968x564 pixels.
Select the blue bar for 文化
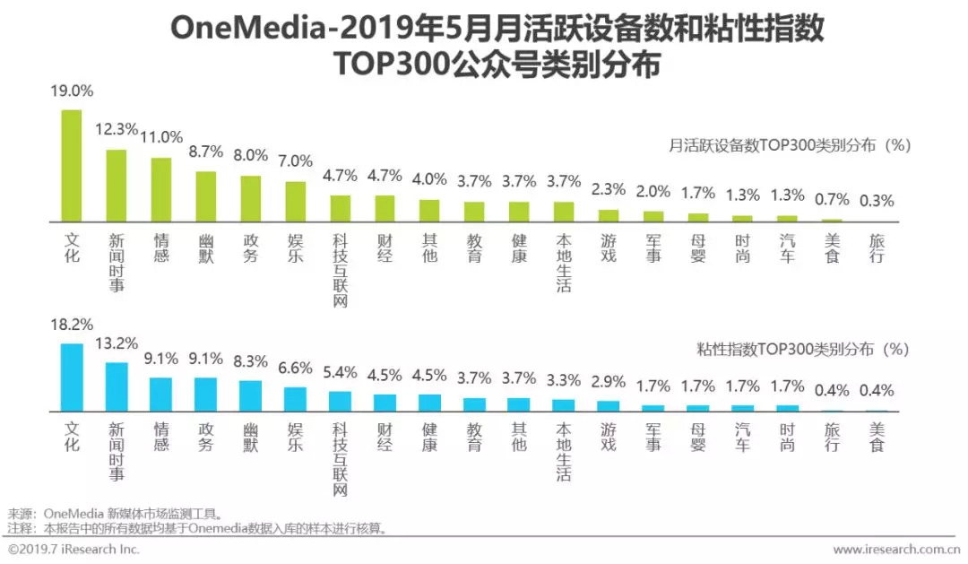tap(72, 377)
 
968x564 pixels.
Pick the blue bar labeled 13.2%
tap(117, 386)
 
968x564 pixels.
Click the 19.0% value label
tap(73, 91)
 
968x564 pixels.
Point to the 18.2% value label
tap(73, 325)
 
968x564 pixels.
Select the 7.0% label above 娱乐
tap(295, 161)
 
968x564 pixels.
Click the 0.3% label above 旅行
tap(876, 201)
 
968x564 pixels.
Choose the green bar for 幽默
tap(206, 196)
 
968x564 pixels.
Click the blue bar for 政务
tap(206, 394)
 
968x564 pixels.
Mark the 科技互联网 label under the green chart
tap(341, 269)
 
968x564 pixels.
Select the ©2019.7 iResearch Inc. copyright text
tap(73, 549)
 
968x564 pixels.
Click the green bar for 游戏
tap(609, 215)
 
